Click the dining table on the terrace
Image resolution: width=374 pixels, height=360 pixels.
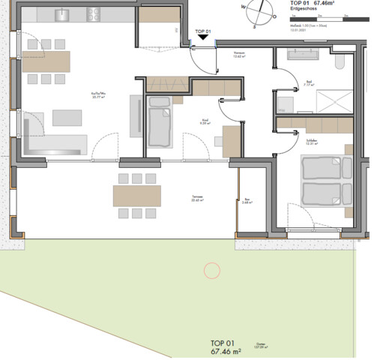136,196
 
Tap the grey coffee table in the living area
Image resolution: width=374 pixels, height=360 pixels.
68,118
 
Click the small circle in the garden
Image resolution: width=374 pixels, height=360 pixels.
212,270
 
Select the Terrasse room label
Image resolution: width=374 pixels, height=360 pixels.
198,198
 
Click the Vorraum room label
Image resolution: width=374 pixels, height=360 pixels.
240,54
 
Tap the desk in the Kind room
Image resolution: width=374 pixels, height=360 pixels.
231,139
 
